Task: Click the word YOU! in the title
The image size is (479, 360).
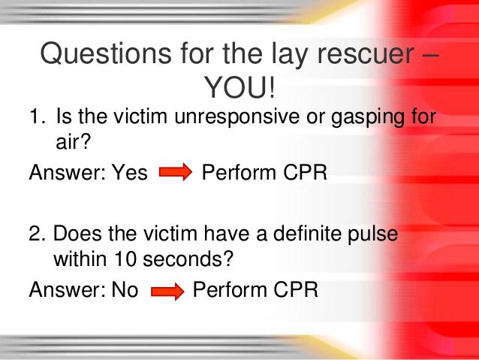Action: [239, 91]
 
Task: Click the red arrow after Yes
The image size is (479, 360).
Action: [176, 174]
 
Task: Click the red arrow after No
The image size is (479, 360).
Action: [167, 290]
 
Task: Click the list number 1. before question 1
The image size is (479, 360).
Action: [37, 119]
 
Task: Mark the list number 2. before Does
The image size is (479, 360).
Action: [37, 234]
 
